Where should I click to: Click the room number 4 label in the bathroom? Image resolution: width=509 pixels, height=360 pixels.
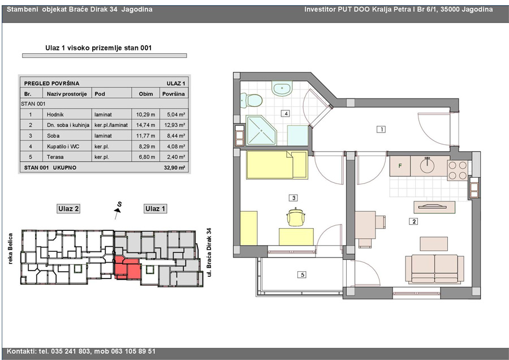[x=286, y=114]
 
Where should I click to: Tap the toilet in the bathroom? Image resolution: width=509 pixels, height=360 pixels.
[x=251, y=100]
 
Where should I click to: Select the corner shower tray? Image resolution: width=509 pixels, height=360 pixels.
[x=261, y=130]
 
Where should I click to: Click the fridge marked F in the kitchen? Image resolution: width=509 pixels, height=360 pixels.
[x=400, y=166]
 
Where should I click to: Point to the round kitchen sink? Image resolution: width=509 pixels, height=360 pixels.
[x=427, y=165]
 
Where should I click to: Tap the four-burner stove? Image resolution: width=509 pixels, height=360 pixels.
[x=458, y=170]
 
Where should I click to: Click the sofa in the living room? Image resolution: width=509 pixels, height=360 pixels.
[x=435, y=269]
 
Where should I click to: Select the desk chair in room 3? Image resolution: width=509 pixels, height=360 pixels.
[x=296, y=216]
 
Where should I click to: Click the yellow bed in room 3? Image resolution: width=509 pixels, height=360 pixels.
[x=277, y=165]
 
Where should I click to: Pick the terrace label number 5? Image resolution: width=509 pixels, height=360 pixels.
[x=302, y=275]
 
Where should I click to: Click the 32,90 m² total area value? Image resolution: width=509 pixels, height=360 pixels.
[x=175, y=168]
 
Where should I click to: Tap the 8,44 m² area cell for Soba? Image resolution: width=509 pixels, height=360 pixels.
[x=176, y=136]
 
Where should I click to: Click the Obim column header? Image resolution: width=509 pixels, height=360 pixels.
[x=146, y=94]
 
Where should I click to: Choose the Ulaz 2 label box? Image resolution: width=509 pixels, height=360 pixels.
[x=68, y=209]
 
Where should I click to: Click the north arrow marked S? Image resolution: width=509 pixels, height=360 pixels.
[x=118, y=210]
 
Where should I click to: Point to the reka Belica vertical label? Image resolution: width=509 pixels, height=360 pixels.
[x=10, y=248]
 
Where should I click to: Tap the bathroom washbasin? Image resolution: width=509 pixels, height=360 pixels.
[x=282, y=89]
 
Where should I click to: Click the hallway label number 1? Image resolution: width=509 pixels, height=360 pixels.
[x=381, y=129]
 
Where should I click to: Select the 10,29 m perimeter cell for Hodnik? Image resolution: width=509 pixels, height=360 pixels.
[x=145, y=115]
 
